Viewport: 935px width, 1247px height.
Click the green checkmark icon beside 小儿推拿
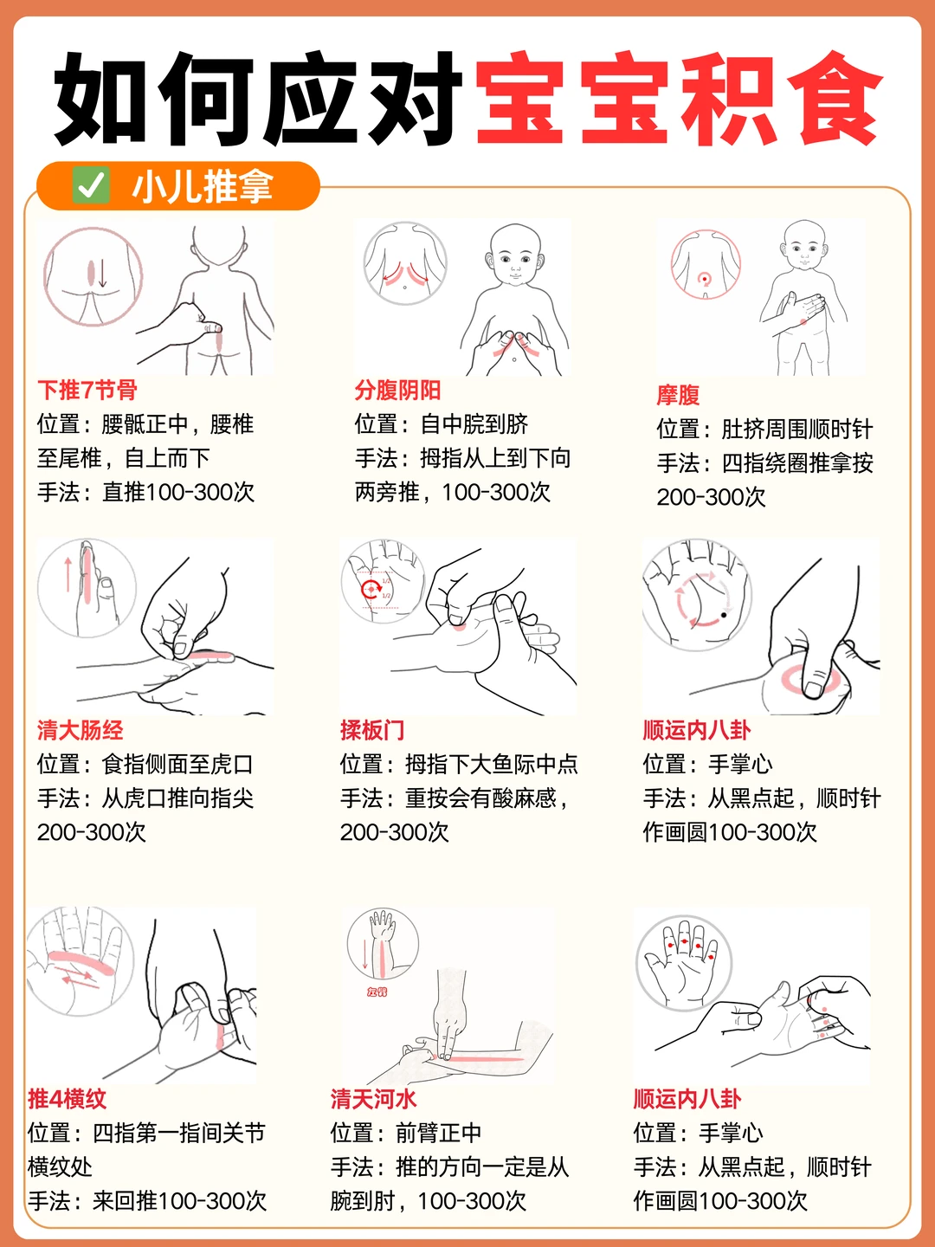91,185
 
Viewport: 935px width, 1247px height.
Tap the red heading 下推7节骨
87,391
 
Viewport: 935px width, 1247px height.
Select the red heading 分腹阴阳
398,391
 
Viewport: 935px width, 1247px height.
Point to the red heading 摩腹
678,395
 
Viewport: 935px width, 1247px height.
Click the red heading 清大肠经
80,730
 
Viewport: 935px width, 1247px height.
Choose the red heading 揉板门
372,730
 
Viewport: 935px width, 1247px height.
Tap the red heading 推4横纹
67,1099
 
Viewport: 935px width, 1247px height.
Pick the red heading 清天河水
373,1099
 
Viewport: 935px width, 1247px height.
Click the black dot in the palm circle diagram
724,615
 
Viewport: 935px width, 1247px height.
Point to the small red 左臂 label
377,992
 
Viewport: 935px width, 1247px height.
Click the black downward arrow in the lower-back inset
102,274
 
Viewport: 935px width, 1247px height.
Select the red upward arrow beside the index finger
68,574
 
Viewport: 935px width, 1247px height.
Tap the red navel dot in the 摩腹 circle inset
705,279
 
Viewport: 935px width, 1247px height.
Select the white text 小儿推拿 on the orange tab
202,186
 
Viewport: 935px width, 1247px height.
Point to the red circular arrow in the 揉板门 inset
371,590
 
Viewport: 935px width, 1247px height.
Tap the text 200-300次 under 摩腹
711,497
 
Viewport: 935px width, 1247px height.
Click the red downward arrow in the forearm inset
365,954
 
